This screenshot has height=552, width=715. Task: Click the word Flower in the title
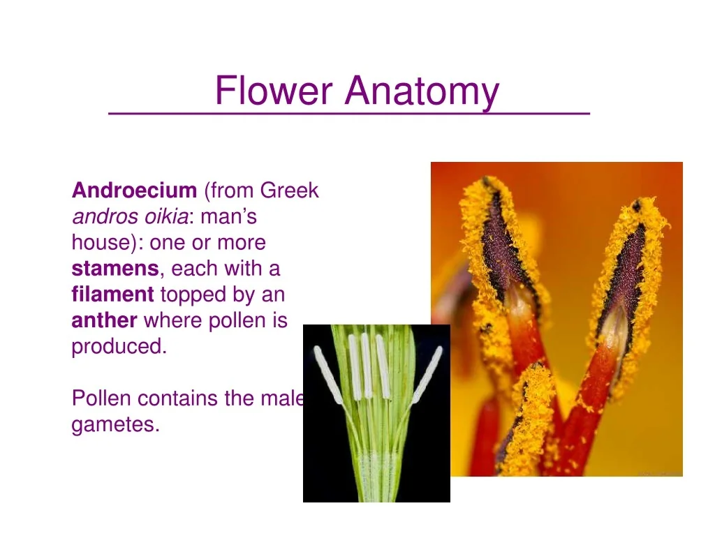click(x=274, y=90)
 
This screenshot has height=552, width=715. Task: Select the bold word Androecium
click(x=134, y=190)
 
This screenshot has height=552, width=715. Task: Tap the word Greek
click(x=289, y=190)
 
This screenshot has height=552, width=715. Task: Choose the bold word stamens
click(x=115, y=269)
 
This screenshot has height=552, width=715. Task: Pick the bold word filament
click(x=112, y=294)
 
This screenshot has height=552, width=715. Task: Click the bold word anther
click(x=105, y=320)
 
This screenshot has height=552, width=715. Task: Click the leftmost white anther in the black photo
click(x=328, y=375)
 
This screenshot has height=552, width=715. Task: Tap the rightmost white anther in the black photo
click(x=427, y=375)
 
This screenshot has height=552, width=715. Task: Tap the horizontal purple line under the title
click(x=349, y=112)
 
